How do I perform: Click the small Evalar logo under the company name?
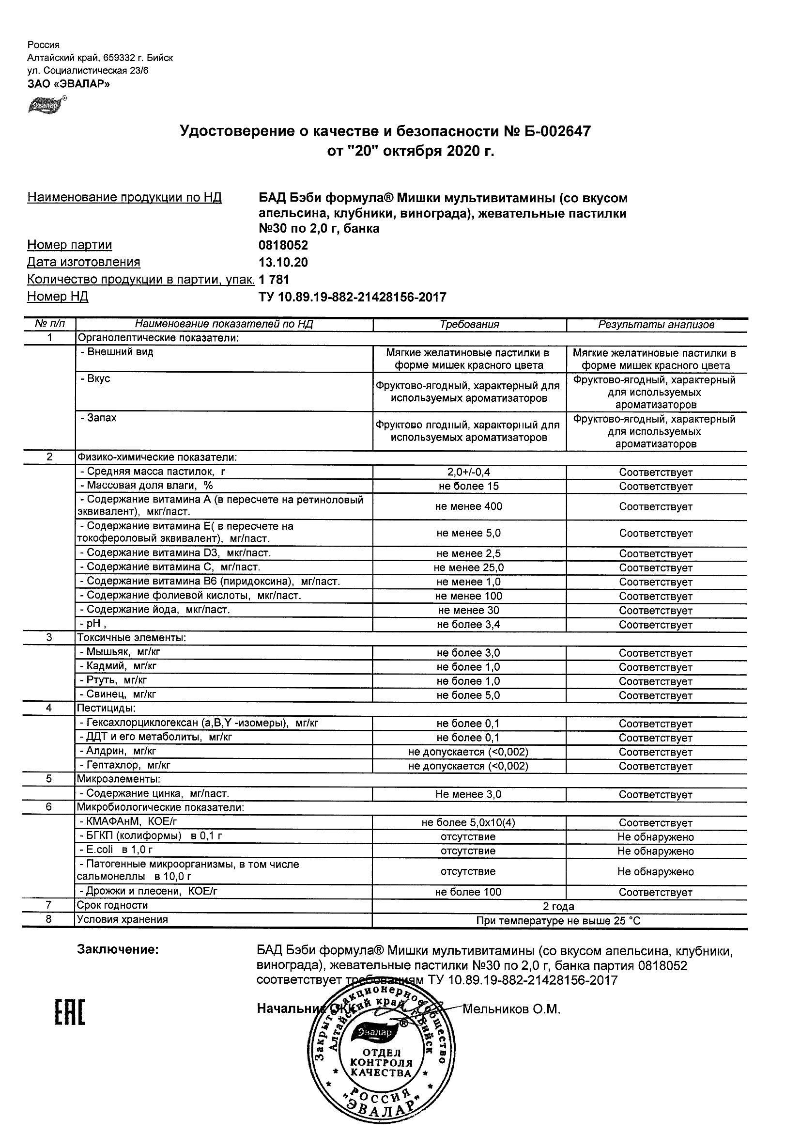pyautogui.click(x=46, y=104)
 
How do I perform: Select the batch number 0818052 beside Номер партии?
pyautogui.click(x=283, y=246)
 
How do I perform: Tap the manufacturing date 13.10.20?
pyautogui.click(x=283, y=262)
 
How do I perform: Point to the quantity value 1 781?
pyautogui.click(x=274, y=280)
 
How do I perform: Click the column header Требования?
pyautogui.click(x=469, y=325)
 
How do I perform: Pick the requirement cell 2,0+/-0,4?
pyautogui.click(x=469, y=472)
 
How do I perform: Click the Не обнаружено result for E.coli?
pyautogui.click(x=655, y=851)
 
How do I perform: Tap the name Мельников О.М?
pyautogui.click(x=511, y=1009)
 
